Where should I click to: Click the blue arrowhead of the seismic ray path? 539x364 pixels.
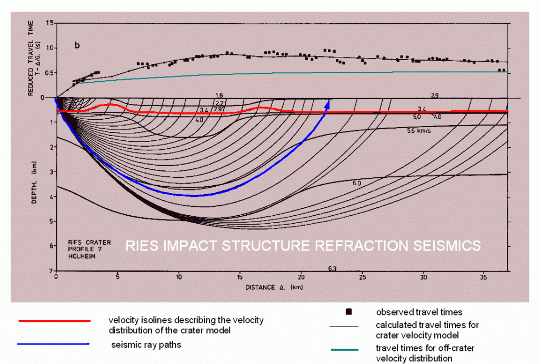pos(328,104)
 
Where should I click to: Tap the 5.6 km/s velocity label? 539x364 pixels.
pos(419,130)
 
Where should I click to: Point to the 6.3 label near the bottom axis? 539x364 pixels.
pos(332,269)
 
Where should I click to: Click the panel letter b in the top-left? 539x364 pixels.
pos(77,45)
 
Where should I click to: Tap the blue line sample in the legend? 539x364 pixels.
pos(53,344)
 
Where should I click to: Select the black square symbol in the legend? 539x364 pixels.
pos(348,312)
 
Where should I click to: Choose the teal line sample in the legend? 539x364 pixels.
pos(344,350)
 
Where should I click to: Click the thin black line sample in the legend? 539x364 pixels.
pos(344,327)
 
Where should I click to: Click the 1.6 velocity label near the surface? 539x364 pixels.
pos(219,95)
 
